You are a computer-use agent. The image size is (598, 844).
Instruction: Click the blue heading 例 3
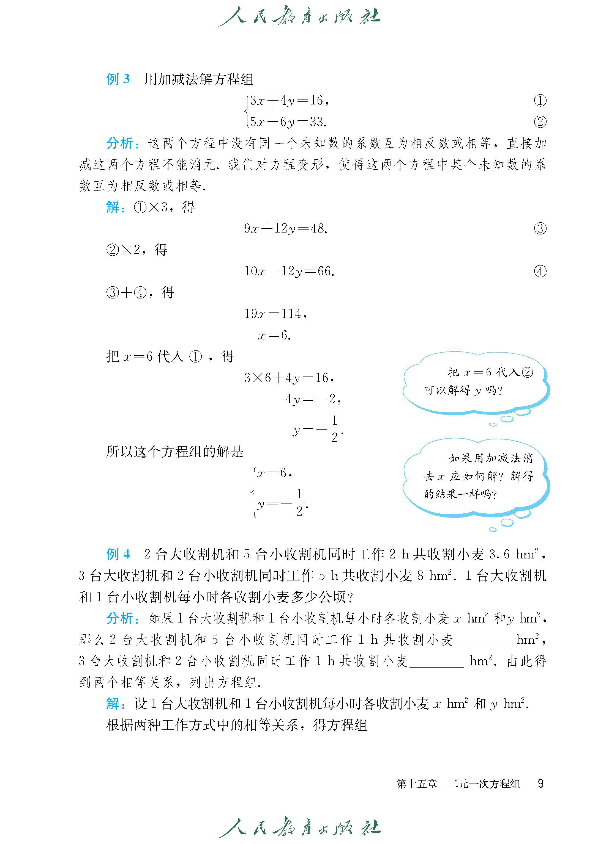click(118, 79)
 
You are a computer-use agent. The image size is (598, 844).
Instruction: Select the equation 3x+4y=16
click(289, 100)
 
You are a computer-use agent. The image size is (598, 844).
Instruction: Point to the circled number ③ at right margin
click(540, 229)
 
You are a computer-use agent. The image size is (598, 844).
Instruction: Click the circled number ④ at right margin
click(540, 272)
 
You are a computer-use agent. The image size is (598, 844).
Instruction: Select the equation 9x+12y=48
click(286, 229)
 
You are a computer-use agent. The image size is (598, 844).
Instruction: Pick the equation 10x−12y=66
click(289, 272)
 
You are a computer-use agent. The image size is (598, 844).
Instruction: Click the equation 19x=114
click(275, 314)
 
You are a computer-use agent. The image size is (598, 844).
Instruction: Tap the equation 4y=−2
click(313, 399)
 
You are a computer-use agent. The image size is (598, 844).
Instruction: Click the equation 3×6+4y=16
click(289, 378)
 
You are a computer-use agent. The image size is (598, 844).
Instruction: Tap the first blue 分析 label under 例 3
click(120, 143)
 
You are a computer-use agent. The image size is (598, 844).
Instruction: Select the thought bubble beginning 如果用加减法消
click(477, 476)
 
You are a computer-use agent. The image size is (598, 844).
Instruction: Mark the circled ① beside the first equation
click(540, 100)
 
